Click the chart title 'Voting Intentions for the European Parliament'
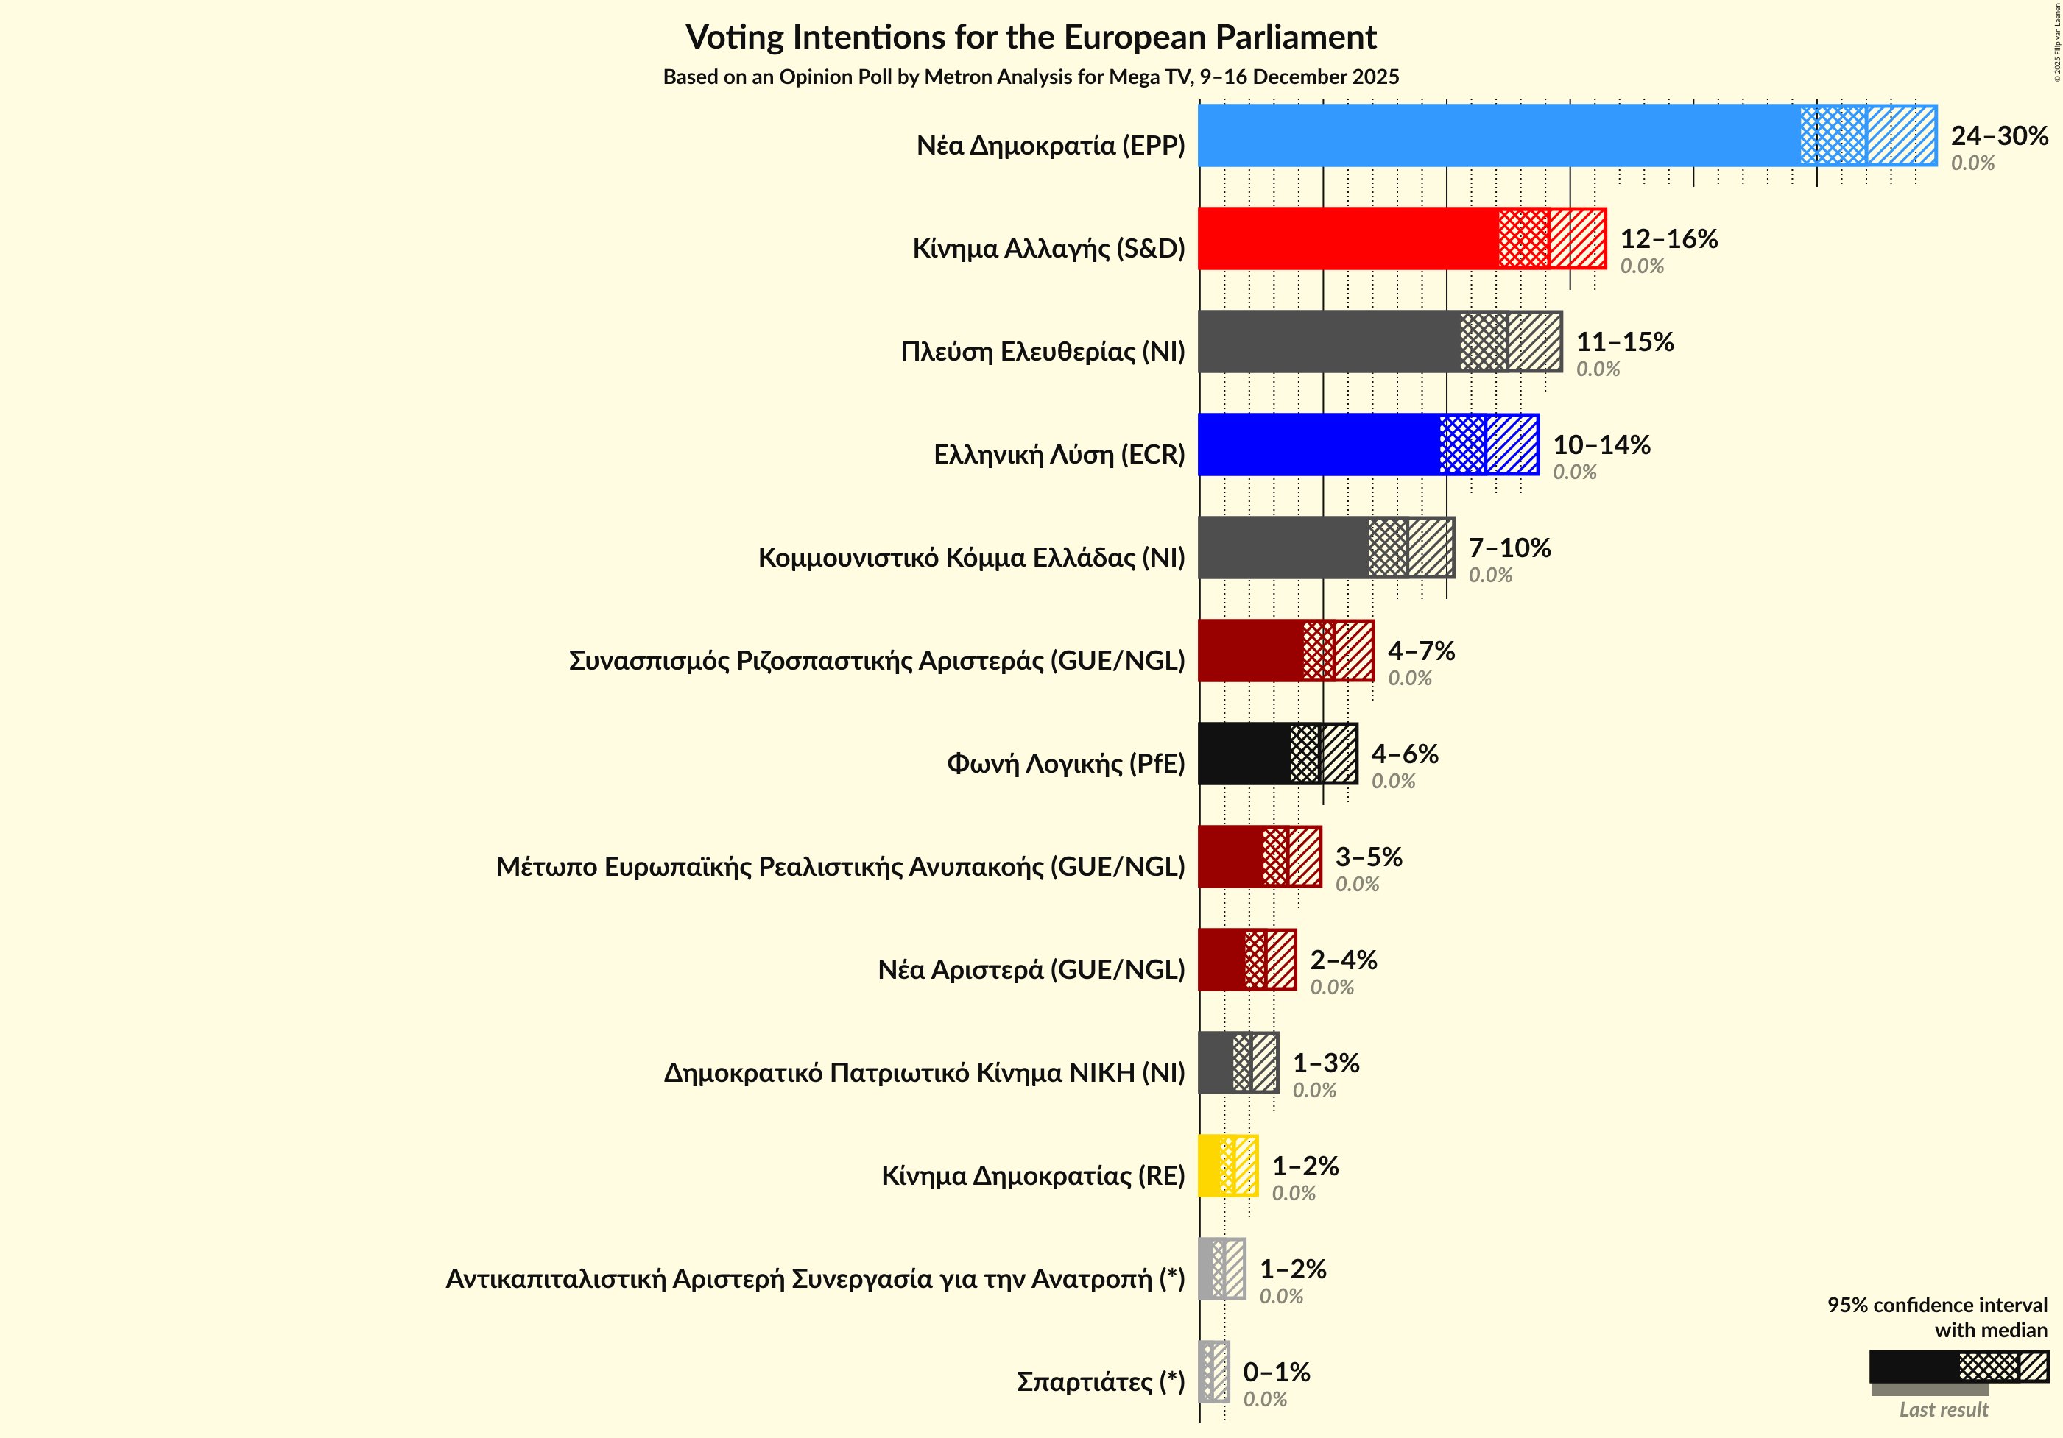coord(1031,38)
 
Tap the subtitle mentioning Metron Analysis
coord(1031,77)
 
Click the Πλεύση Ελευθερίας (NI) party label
coord(1043,351)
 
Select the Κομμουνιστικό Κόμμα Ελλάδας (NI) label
coord(971,558)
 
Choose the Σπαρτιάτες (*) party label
coord(1100,1381)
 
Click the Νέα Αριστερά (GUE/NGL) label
coord(1031,970)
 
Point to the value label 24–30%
coord(1998,135)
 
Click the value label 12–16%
coord(1668,239)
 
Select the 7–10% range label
coord(1509,548)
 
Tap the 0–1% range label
coord(1276,1372)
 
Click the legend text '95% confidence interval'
coord(1936,1305)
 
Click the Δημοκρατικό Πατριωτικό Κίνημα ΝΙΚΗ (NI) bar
coord(1237,1063)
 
